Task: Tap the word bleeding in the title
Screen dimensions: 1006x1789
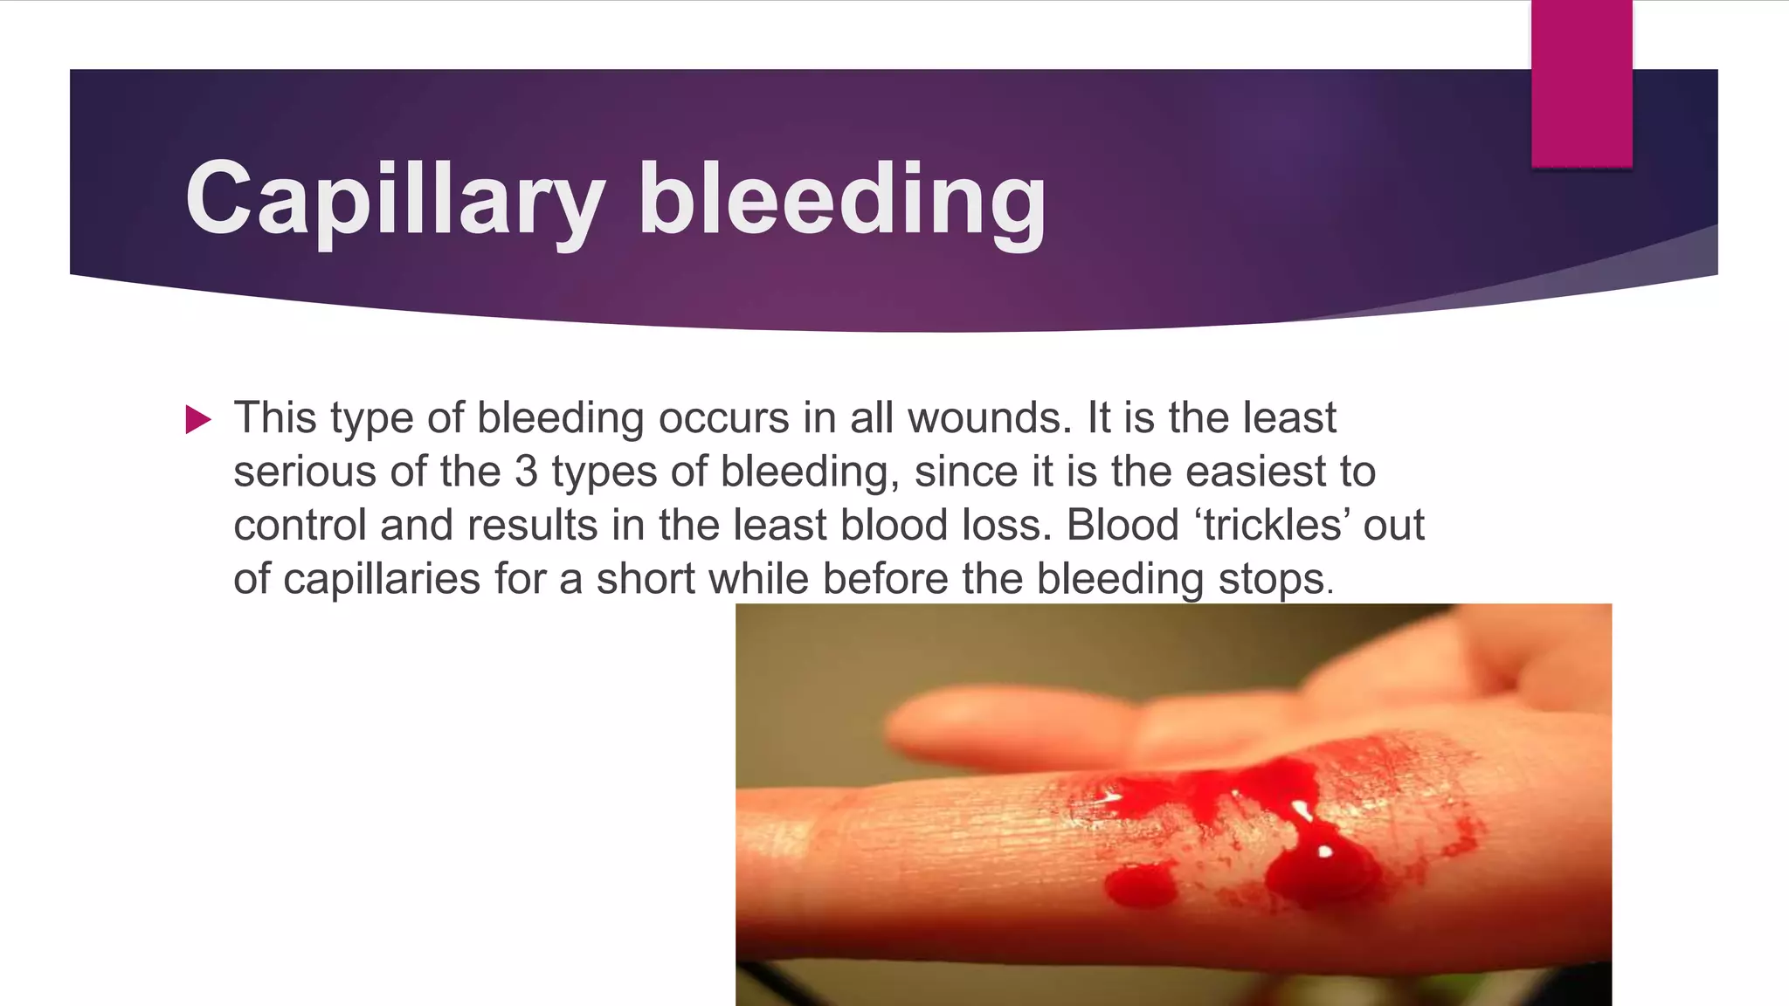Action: [842, 199]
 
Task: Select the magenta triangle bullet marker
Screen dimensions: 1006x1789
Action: [198, 420]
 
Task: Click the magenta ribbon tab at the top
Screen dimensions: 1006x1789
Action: [1581, 84]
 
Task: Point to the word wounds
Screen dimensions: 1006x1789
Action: [989, 418]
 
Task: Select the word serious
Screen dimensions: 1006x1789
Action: [305, 472]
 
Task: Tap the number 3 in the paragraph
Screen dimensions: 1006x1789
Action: [526, 472]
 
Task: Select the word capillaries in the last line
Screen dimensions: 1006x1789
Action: [382, 579]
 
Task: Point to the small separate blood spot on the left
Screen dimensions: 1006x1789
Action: [1140, 884]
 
